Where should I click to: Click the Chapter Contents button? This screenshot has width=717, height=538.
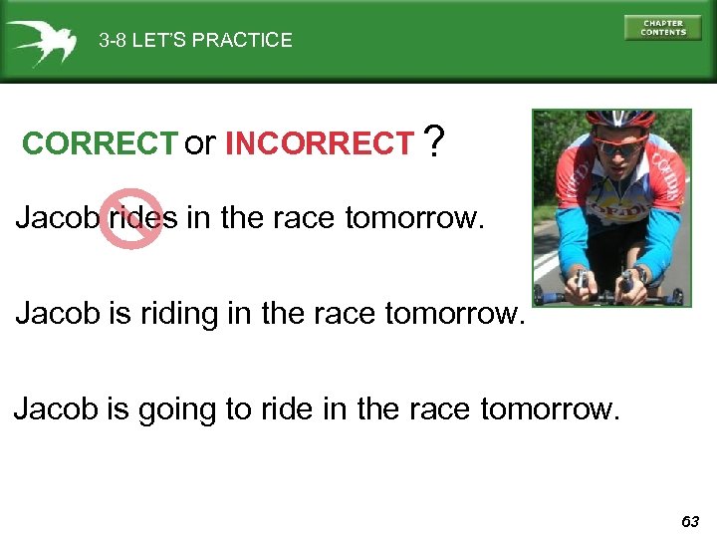[x=662, y=28]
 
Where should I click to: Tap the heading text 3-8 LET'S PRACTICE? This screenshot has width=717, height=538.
[x=195, y=41]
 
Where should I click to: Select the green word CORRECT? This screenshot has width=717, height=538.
[x=99, y=144]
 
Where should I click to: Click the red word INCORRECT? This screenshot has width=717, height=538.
[x=320, y=144]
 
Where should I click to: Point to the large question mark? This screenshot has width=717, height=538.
[x=433, y=142]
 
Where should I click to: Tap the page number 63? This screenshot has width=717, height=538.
[x=691, y=521]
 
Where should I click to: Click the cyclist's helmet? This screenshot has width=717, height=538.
[x=618, y=121]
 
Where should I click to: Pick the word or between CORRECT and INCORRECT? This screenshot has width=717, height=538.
[x=199, y=144]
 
